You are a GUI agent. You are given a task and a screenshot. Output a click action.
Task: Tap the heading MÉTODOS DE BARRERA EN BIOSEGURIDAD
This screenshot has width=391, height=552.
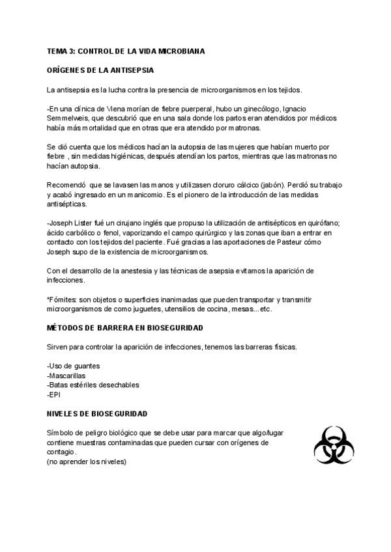coord(125,328)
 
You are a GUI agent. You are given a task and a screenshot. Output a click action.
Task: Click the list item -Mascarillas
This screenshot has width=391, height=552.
coord(66,376)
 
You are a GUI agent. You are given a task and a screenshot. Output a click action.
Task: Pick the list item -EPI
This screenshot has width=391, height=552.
coord(53,394)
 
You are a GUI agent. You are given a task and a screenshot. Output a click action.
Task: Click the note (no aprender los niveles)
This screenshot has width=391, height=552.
coord(87,462)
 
